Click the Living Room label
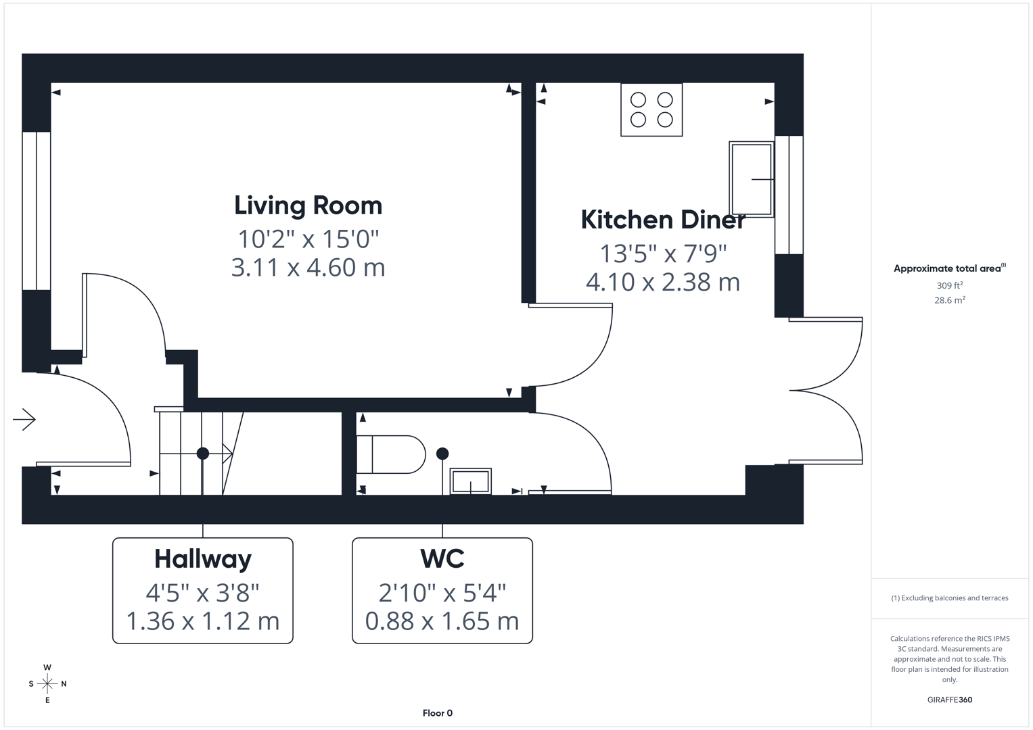(308, 205)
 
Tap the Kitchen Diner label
(663, 220)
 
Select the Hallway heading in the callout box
(203, 559)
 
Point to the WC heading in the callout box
(442, 559)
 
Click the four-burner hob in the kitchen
(651, 109)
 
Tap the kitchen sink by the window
(751, 179)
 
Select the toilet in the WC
(391, 454)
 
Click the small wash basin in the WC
(471, 481)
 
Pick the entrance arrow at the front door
(24, 420)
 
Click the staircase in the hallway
(193, 454)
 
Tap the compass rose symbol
(47, 684)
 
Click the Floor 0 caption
(437, 713)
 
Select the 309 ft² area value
(950, 285)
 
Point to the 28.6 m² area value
(950, 300)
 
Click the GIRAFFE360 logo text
(950, 700)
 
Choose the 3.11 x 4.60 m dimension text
(308, 268)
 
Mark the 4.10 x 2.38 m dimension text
(663, 282)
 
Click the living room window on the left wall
(36, 210)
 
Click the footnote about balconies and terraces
(950, 598)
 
